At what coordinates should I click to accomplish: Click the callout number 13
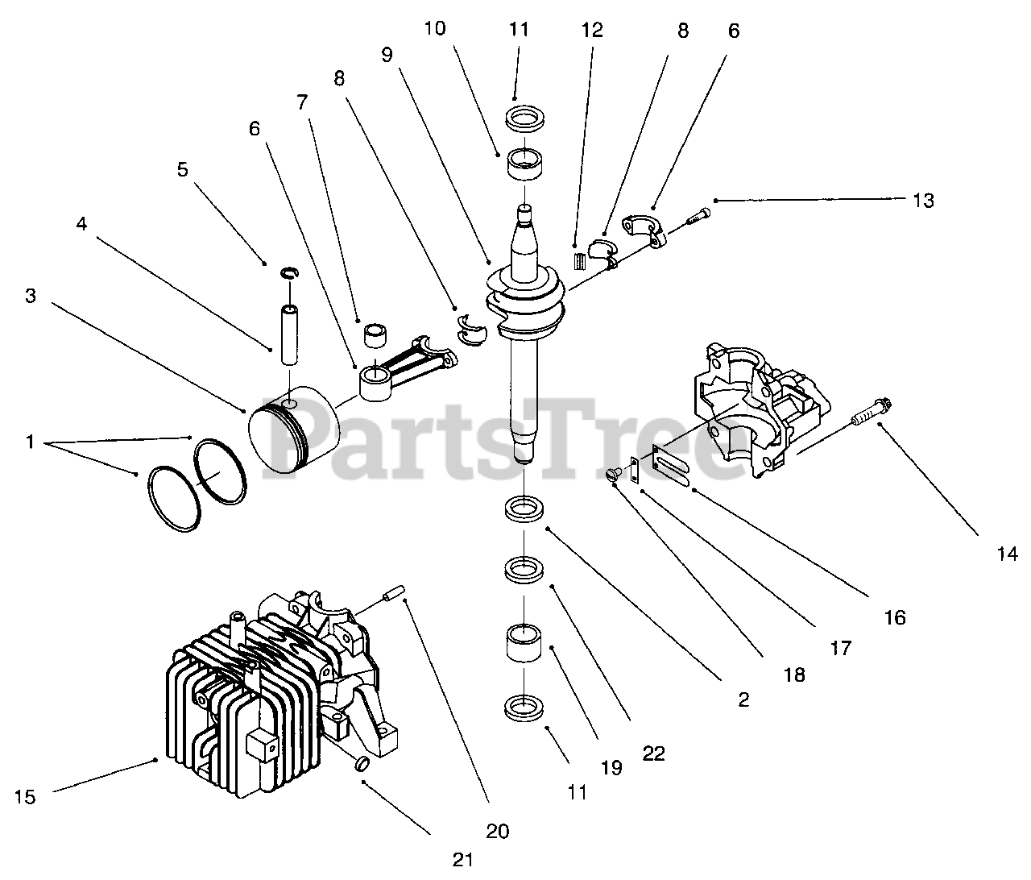pos(923,201)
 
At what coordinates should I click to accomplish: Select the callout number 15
pos(25,797)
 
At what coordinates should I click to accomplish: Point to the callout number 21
pos(462,860)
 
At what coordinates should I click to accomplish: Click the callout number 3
pos(30,296)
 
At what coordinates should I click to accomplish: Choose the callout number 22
pos(653,753)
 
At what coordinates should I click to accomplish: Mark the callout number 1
pos(30,442)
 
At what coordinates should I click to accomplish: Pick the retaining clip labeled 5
pos(289,274)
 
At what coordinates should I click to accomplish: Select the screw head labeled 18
pos(616,475)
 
